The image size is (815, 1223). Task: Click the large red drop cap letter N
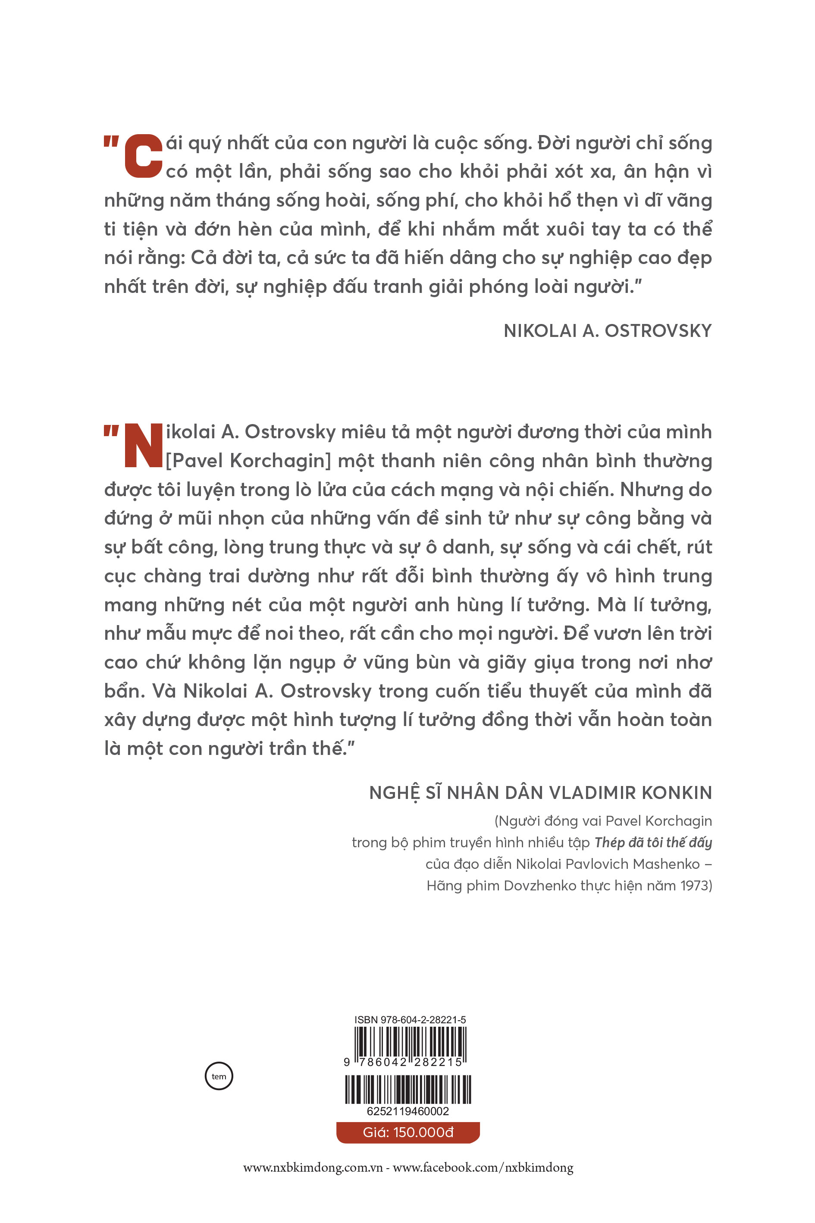pyautogui.click(x=144, y=445)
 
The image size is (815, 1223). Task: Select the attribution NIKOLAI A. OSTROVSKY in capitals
pyautogui.click(x=608, y=331)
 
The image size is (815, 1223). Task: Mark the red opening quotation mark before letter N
pyautogui.click(x=111, y=431)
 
